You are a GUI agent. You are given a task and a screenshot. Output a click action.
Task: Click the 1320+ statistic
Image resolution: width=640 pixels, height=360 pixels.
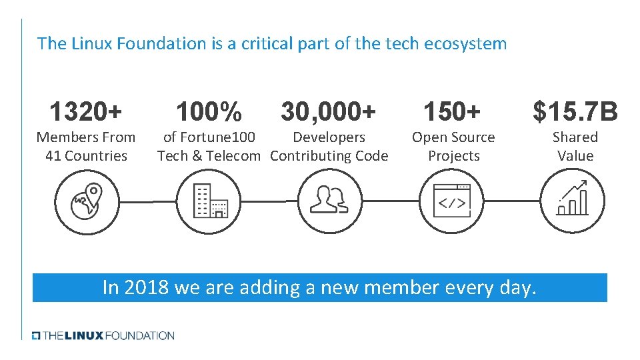85,112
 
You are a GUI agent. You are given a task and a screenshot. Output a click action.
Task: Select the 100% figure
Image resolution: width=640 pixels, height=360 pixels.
208,112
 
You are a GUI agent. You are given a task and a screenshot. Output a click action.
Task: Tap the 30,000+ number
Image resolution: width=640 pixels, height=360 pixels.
328,112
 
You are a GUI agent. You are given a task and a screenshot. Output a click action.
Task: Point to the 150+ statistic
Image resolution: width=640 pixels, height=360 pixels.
453,112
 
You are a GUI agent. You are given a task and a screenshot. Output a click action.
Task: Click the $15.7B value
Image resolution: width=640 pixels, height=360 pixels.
575,112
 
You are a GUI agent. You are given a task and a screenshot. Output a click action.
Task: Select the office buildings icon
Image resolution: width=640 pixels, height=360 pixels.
209,201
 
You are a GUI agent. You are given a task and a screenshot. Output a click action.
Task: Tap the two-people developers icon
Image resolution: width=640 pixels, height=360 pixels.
329,201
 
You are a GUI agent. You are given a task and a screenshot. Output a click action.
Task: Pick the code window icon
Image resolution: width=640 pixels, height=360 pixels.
452,201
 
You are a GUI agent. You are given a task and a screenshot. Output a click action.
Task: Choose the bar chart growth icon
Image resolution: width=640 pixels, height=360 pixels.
573,199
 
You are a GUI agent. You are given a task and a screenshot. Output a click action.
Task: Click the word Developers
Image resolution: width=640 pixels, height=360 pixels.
329,137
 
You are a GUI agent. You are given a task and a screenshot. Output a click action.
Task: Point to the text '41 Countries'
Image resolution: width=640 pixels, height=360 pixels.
86,156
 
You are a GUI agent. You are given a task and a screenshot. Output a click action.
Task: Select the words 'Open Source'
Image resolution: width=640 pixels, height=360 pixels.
453,137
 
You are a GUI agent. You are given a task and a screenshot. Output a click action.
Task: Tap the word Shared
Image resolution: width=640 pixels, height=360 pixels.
575,137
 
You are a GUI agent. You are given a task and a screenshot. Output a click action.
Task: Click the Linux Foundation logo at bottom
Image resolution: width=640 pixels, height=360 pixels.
103,335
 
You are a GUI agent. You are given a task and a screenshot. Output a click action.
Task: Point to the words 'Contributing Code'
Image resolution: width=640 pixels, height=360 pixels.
329,156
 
